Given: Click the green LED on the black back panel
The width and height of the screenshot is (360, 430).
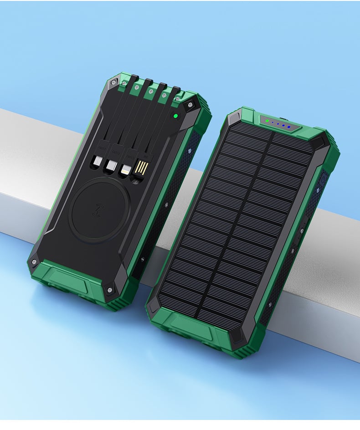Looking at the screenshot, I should coord(175,116).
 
